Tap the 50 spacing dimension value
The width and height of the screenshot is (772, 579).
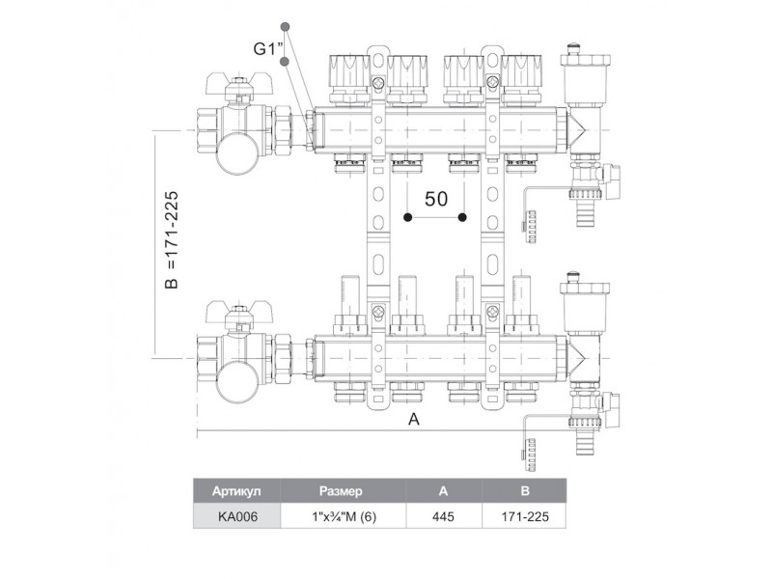(436, 199)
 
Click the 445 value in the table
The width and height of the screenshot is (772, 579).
(443, 516)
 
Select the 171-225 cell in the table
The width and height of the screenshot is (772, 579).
(524, 516)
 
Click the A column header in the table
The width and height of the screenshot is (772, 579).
(443, 491)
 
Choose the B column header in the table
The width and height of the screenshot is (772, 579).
(524, 491)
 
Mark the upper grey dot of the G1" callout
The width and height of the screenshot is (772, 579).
(284, 26)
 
